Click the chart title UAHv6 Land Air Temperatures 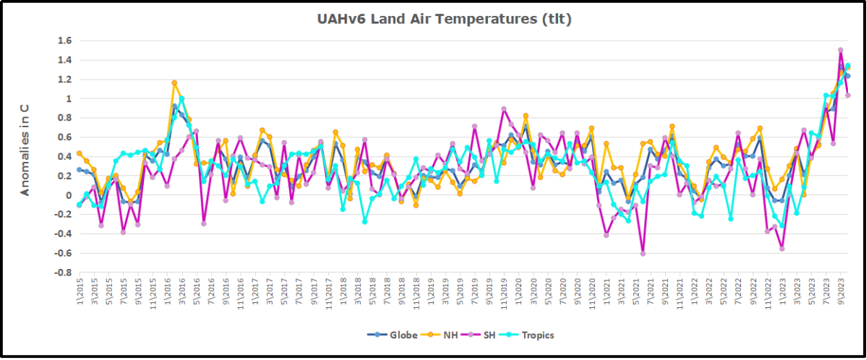[x=444, y=20]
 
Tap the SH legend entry [x=490, y=335]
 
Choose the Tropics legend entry [x=537, y=335]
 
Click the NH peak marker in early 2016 [x=174, y=83]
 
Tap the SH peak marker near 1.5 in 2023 [x=841, y=51]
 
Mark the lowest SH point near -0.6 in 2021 [x=643, y=253]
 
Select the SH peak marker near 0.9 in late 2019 [x=504, y=109]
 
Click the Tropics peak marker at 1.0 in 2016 [x=181, y=99]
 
